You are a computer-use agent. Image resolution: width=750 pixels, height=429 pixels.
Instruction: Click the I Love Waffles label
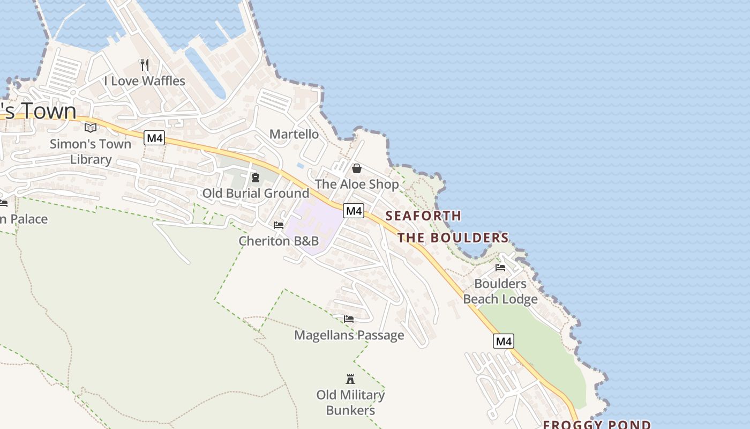pos(144,81)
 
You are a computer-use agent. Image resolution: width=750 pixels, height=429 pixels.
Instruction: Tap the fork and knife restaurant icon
pos(144,65)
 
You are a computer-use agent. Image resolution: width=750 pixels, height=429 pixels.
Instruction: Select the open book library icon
pos(91,128)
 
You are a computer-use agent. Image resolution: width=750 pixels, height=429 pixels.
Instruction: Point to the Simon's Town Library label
pos(91,152)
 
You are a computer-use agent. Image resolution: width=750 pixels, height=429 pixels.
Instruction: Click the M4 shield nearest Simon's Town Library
pos(154,138)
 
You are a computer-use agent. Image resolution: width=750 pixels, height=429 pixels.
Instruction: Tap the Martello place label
pos(294,134)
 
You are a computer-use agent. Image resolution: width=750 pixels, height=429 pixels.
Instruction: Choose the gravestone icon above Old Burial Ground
pos(256,177)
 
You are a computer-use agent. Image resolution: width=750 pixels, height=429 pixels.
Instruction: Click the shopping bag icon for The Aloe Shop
pos(356,168)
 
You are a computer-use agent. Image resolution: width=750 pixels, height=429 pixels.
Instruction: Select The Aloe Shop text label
pos(356,184)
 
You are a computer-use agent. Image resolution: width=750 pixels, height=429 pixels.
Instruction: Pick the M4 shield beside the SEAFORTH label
pos(354,211)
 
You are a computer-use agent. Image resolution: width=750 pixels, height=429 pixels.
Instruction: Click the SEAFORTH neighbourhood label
pos(423,216)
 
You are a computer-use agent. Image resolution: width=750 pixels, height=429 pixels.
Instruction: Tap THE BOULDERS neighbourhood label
pos(453,238)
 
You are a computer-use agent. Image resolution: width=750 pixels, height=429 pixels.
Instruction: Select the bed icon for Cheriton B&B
pos(279,225)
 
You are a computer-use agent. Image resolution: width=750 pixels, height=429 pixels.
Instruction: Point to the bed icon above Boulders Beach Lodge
pos(500,268)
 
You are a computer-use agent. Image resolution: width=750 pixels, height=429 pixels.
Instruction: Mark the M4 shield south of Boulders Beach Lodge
pos(504,341)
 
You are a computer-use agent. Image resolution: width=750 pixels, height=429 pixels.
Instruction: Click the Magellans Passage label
pos(349,336)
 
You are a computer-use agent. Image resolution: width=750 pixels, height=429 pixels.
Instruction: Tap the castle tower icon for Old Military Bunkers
pos(350,379)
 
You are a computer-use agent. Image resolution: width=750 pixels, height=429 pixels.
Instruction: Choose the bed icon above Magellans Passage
pos(349,319)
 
